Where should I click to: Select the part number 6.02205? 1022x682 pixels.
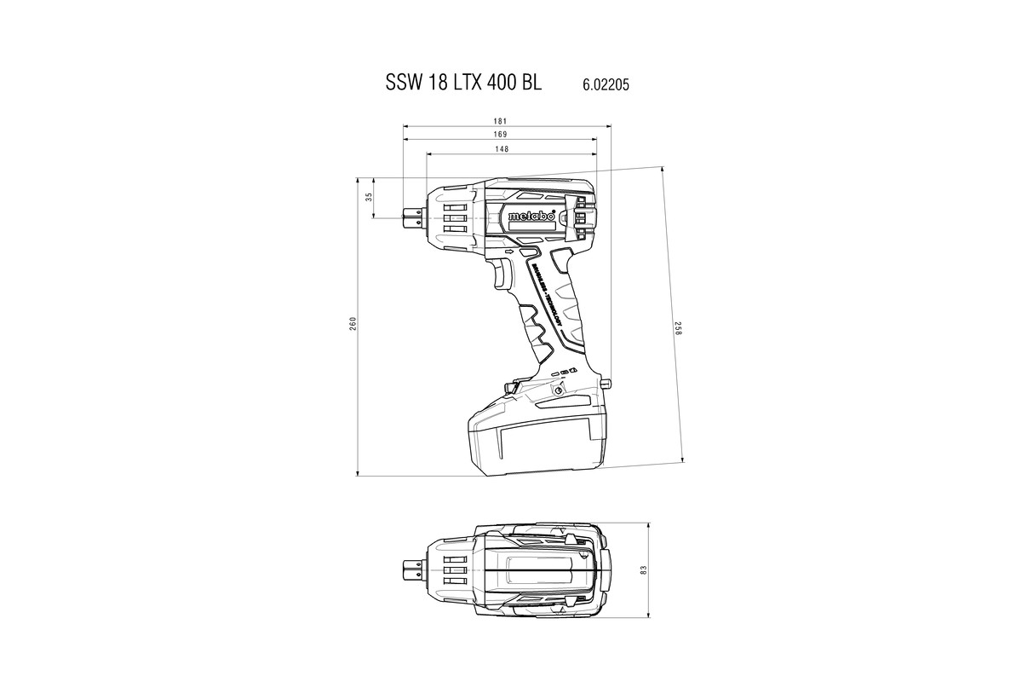pos(606,84)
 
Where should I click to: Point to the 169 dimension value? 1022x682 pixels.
pos(500,135)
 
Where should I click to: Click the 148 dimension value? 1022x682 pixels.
pos(502,149)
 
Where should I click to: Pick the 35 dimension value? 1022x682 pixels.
pos(369,197)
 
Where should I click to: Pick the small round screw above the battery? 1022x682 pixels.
pos(558,390)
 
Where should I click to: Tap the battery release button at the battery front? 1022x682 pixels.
pos(510,388)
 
